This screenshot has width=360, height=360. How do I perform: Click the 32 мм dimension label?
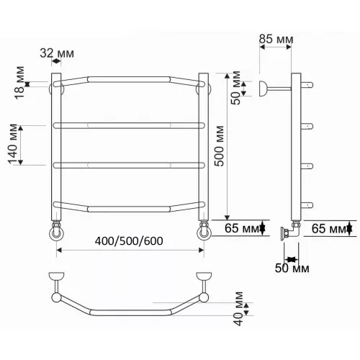coord(57,53)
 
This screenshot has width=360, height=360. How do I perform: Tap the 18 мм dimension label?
coord(19,83)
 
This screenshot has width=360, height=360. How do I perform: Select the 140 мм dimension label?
coord(13,144)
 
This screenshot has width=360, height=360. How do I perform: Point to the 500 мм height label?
coord(219,146)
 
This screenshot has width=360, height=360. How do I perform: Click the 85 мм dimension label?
coord(276,39)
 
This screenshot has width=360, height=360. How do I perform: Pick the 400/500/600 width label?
coord(129,241)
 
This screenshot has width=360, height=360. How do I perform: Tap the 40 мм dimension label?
coord(238,309)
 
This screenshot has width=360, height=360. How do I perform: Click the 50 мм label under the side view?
coord(292,268)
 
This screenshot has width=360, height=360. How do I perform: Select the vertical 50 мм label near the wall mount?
coord(235,88)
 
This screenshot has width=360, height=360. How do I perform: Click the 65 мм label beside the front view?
coord(242,228)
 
